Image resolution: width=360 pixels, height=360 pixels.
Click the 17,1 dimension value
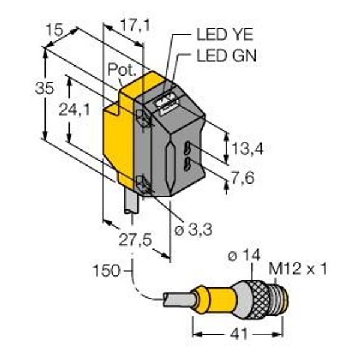click(x=135, y=25)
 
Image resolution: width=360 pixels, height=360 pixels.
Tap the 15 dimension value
click(x=54, y=30)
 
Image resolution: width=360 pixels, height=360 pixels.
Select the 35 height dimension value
click(x=44, y=88)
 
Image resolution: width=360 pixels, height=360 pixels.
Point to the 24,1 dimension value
click(x=74, y=110)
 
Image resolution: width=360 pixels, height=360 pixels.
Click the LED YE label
click(x=225, y=35)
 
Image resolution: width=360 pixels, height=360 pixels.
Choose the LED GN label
click(x=226, y=56)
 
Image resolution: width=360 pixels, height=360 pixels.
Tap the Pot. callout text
click(x=122, y=70)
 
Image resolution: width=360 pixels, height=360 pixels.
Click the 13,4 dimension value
click(x=247, y=148)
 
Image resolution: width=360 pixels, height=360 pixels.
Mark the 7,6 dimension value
click(x=243, y=178)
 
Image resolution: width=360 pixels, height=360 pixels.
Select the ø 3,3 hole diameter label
click(x=193, y=229)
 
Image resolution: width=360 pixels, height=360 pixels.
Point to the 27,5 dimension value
click(x=136, y=240)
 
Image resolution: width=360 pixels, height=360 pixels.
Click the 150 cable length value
click(x=106, y=271)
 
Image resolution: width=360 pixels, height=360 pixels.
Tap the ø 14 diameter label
click(x=244, y=255)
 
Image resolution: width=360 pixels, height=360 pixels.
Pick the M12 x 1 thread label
click(x=298, y=269)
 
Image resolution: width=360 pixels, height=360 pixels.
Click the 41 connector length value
click(x=239, y=334)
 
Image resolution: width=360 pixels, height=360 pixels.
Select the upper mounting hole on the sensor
click(x=142, y=117)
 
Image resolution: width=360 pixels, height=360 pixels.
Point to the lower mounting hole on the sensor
click(x=142, y=184)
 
